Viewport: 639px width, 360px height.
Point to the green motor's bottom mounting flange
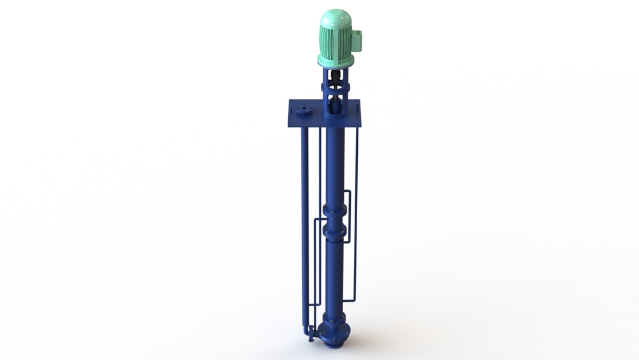(x=335, y=62)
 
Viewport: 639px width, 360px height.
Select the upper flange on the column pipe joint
(x=335, y=210)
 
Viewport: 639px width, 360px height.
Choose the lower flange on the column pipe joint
(x=335, y=231)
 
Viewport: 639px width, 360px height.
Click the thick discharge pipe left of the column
(x=305, y=224)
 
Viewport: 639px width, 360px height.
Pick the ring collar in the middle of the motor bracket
(x=335, y=90)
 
